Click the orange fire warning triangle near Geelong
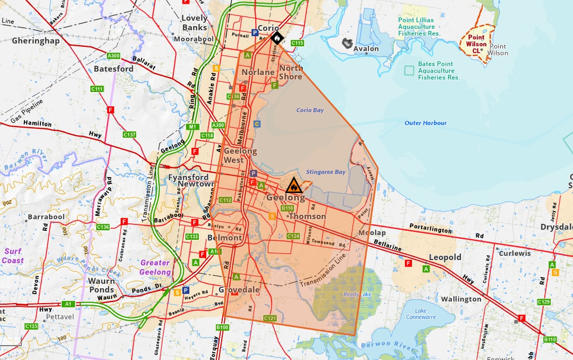click(293, 186)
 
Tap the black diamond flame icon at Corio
click(276, 38)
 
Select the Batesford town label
click(114, 69)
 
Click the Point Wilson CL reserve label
click(476, 44)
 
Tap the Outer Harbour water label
click(425, 123)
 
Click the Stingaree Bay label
click(326, 172)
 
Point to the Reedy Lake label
click(356, 294)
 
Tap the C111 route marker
click(97, 89)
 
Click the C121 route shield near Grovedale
click(270, 318)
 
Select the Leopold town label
click(445, 257)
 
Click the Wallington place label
click(461, 299)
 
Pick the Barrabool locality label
click(46, 217)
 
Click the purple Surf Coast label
click(13, 256)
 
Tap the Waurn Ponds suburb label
click(101, 285)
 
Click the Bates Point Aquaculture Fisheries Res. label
click(439, 71)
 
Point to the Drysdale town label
click(556, 227)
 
